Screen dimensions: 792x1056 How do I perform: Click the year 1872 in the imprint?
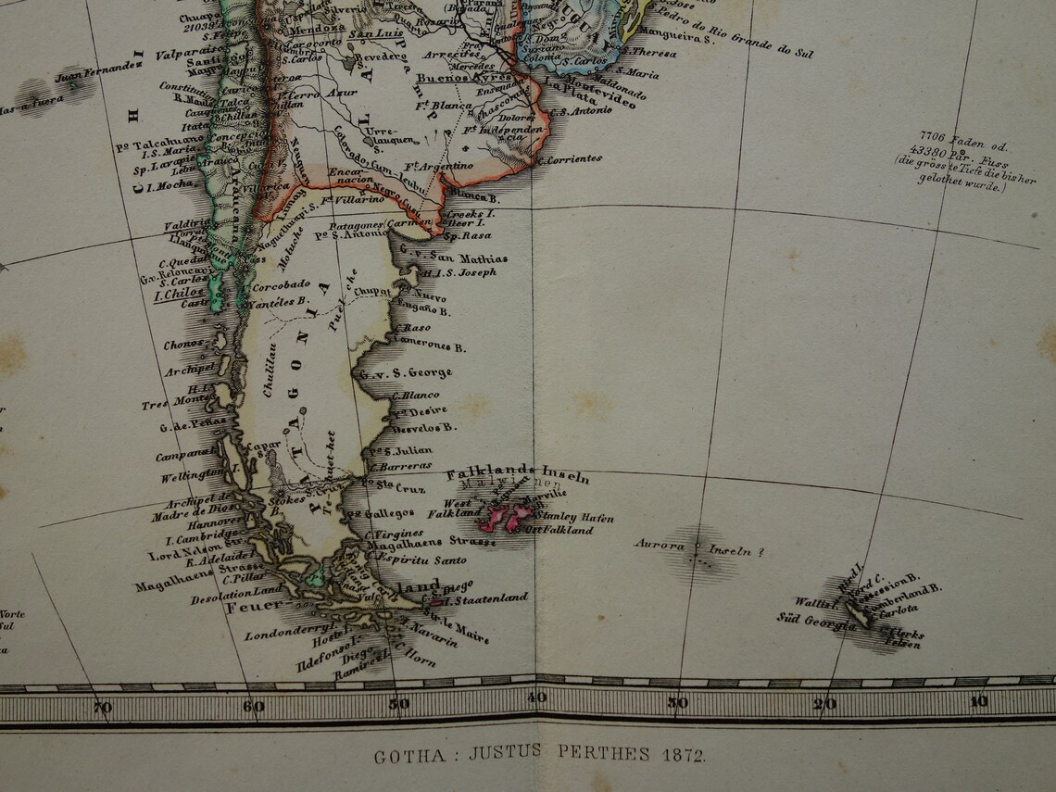pos(685,755)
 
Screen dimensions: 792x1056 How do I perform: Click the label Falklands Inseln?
pos(518,474)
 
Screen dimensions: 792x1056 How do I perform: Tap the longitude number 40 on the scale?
pos(537,698)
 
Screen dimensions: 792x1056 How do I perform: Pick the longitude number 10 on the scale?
pos(978,701)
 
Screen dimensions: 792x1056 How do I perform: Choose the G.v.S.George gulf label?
pos(406,373)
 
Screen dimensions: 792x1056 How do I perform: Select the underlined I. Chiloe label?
pos(179,293)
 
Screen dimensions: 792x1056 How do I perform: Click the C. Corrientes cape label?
pos(569,159)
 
